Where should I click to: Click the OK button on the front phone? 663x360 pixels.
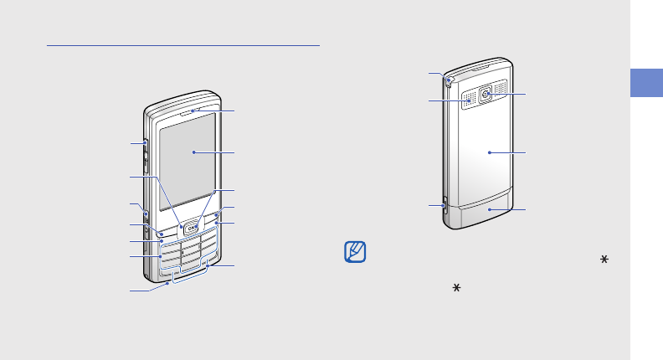coord(192,225)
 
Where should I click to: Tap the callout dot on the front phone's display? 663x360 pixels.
coord(193,152)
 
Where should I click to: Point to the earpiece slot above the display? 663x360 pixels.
coord(193,109)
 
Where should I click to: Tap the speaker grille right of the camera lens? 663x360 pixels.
coord(501,88)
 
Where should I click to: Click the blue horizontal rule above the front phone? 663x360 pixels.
coord(183,46)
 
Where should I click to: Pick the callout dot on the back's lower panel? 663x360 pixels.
coord(490,209)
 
